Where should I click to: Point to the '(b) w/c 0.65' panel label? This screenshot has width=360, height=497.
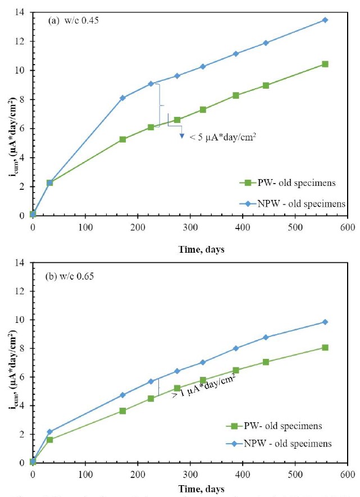tap(71, 276)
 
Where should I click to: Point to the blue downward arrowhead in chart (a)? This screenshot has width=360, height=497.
tap(182, 136)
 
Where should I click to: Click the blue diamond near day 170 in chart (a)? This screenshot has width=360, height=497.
tap(122, 98)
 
